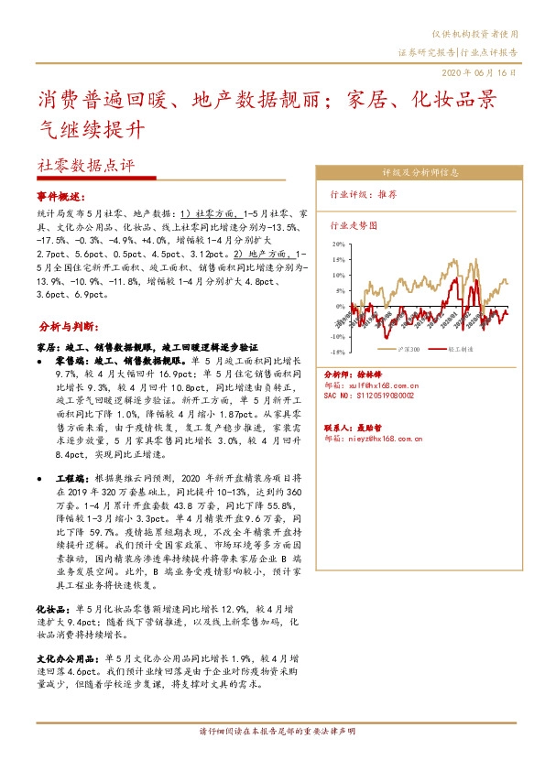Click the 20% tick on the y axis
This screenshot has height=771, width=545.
[x=339, y=244]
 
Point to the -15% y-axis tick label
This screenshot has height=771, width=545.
[x=338, y=352]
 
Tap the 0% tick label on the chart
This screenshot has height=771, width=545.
[x=341, y=306]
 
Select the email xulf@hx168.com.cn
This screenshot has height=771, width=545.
[x=372, y=385]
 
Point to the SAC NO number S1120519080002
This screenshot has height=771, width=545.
[x=370, y=396]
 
